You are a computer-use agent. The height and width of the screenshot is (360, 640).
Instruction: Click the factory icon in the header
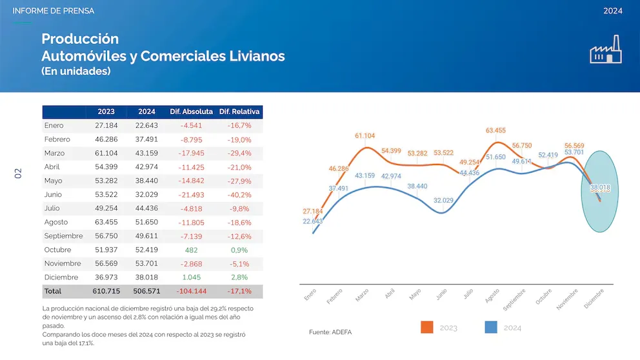pos(606,50)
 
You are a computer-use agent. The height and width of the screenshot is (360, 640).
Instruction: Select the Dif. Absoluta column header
pos(191,112)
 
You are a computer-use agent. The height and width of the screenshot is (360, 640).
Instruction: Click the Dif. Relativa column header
pos(239,112)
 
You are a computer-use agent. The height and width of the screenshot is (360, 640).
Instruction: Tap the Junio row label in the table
pos(54,194)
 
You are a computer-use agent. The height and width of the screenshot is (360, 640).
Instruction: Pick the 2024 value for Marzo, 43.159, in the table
pos(146,153)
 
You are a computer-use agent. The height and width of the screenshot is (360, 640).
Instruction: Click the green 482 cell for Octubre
pos(191,250)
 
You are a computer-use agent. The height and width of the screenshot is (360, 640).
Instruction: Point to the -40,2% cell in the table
pos(239,194)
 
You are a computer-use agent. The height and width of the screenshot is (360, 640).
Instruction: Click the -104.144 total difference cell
pos(191,291)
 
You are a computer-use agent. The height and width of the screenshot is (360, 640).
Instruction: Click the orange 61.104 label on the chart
pos(365,135)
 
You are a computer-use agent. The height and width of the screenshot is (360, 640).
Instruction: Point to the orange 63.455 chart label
pos(495,130)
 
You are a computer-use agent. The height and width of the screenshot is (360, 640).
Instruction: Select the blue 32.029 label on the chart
pos(443,201)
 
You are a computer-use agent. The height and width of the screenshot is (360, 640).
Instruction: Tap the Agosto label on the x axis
pos(492,296)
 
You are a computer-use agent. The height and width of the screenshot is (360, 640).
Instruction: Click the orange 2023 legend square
pos(426,327)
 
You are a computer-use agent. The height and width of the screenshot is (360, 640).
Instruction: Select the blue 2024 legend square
pos(490,327)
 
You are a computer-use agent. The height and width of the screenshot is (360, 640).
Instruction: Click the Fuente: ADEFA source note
pos(331,332)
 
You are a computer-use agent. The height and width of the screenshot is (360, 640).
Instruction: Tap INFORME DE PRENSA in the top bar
pos(53,11)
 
